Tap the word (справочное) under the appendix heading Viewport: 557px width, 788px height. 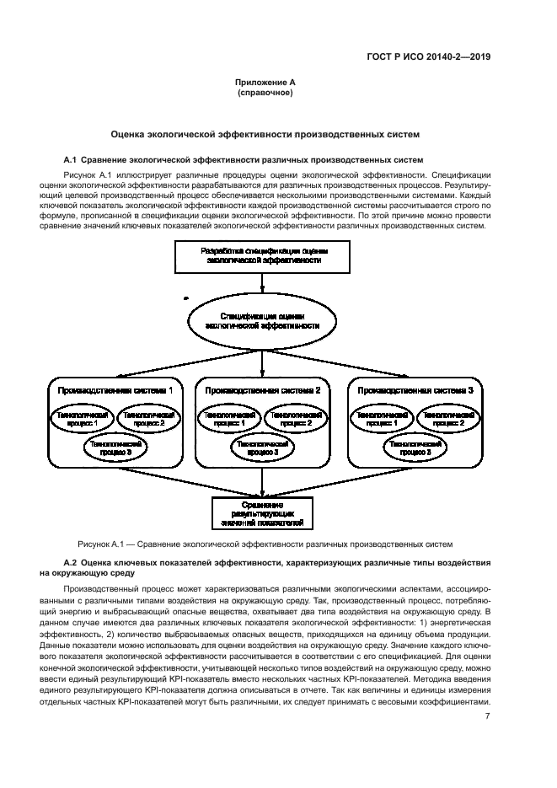[x=265, y=92]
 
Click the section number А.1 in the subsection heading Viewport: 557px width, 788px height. [x=72, y=159]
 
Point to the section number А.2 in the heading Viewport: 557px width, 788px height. [x=72, y=561]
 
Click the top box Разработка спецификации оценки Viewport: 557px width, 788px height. [x=264, y=256]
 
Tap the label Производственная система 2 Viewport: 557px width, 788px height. [x=264, y=391]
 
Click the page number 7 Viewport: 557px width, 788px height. [x=488, y=716]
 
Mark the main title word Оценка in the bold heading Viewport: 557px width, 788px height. [x=132, y=135]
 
